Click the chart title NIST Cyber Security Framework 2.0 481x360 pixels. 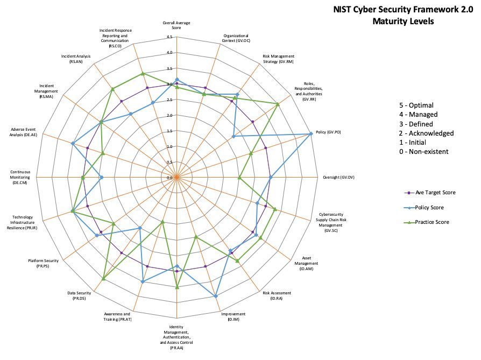tap(403, 9)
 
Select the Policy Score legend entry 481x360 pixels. tap(429, 207)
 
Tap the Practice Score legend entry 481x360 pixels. tap(432, 222)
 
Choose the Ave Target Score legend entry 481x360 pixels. tap(435, 192)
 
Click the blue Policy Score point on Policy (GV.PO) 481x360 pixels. tap(311, 133)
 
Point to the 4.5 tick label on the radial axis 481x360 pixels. tap(169, 37)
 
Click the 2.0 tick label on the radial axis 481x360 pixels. tap(169, 115)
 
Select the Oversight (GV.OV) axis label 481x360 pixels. tap(338, 177)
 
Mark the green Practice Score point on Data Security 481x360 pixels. tap(103, 278)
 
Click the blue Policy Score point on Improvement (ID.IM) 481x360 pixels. tap(216, 296)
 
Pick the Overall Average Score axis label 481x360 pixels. tap(176, 25)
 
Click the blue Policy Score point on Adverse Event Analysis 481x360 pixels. tap(73, 143)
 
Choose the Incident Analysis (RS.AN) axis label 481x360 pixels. tap(76, 59)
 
